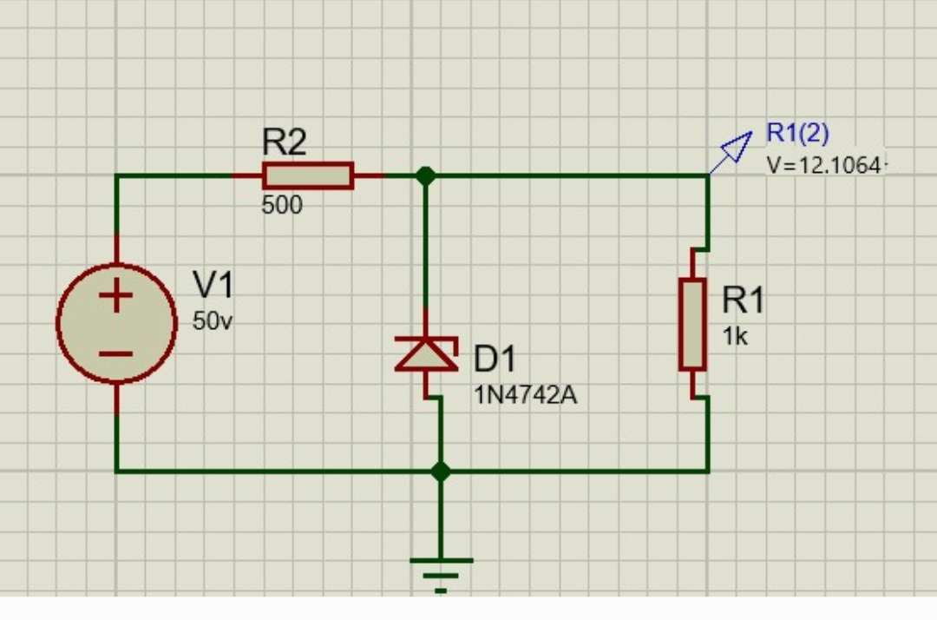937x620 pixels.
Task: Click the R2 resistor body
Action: pyautogui.click(x=308, y=175)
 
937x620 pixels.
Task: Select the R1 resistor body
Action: pyautogui.click(x=692, y=324)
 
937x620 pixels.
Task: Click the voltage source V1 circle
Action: pyautogui.click(x=116, y=324)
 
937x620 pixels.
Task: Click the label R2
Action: pyautogui.click(x=284, y=142)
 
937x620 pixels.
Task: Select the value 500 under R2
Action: pyautogui.click(x=282, y=206)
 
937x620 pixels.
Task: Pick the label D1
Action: pyautogui.click(x=495, y=359)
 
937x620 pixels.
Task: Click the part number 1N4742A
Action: pyautogui.click(x=525, y=396)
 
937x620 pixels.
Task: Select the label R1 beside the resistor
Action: pyautogui.click(x=743, y=301)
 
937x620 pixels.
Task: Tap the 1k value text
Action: pyautogui.click(x=735, y=338)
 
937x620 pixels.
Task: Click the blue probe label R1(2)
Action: pyautogui.click(x=797, y=134)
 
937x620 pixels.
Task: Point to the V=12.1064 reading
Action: pyautogui.click(x=824, y=165)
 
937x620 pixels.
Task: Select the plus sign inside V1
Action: pyautogui.click(x=115, y=296)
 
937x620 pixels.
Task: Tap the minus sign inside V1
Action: pyautogui.click(x=115, y=353)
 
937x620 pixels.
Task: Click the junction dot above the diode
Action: pyautogui.click(x=425, y=175)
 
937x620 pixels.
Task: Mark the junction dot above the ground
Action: pyautogui.click(x=441, y=472)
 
